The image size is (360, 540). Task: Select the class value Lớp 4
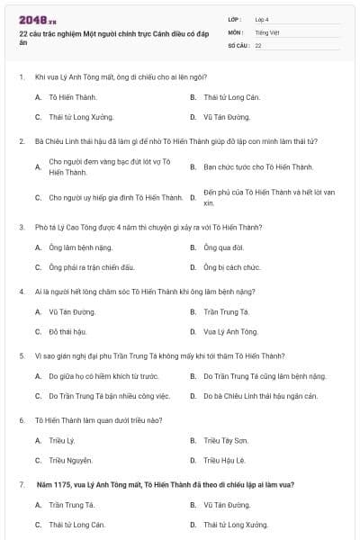[262, 19]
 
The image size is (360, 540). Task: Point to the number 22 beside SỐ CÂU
[258, 45]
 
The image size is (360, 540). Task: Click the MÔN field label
[236, 31]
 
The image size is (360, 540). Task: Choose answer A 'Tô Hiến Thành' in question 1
[73, 96]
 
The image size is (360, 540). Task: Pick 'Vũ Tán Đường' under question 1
[227, 117]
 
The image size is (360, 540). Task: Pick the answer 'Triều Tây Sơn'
[225, 440]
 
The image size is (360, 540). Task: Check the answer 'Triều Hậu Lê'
[224, 461]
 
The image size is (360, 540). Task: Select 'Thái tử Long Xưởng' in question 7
[236, 525]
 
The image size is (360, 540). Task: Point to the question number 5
[22, 355]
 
